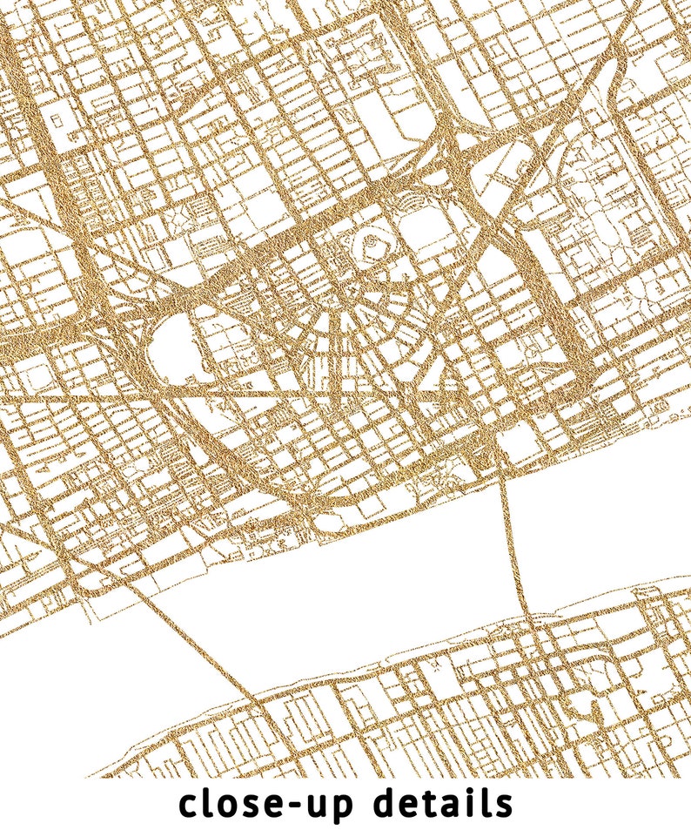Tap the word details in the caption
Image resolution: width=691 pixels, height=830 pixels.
[x=444, y=803]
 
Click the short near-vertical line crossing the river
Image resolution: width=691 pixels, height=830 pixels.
[x=513, y=540]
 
